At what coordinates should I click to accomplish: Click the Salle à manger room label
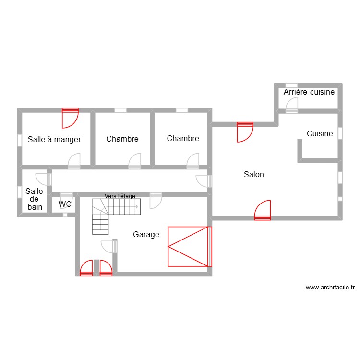tap(54, 140)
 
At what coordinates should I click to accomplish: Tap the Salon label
tap(253, 175)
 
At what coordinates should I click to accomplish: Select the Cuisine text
tap(320, 134)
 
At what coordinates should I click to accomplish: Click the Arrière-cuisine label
tap(309, 92)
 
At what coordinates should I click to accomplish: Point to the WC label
tap(65, 204)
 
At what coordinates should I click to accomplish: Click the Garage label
tap(146, 235)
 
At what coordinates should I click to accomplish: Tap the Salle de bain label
tap(35, 199)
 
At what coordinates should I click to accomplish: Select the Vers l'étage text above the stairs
tap(120, 196)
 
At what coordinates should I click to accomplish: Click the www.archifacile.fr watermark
tap(330, 288)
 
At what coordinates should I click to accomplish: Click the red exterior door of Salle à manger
tap(70, 118)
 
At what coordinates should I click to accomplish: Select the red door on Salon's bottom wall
tap(263, 210)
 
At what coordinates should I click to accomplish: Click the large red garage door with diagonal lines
tap(189, 246)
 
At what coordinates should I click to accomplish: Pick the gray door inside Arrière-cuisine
tap(292, 105)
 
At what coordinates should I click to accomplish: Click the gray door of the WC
tap(66, 198)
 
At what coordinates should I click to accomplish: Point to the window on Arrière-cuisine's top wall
tap(291, 85)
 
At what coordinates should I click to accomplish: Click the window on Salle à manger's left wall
tap(20, 140)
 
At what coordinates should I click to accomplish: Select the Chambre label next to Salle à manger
tap(122, 139)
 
